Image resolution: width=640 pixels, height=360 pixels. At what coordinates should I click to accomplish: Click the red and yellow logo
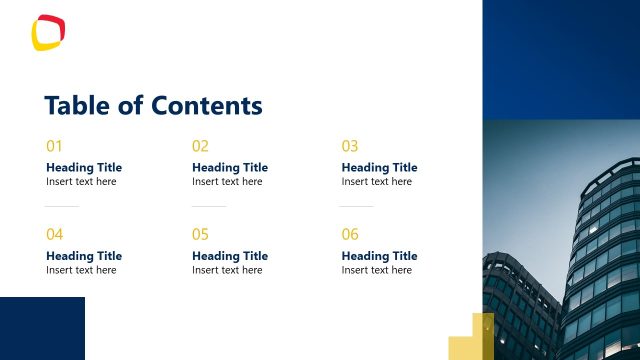click(49, 32)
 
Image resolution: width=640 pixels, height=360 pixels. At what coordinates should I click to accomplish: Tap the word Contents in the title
click(207, 106)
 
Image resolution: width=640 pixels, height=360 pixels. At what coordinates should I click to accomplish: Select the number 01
click(54, 146)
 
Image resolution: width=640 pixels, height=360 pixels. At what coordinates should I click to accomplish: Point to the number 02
click(200, 146)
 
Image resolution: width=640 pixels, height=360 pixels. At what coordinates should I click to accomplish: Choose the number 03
click(350, 146)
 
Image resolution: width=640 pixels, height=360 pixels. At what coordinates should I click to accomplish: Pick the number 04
click(54, 235)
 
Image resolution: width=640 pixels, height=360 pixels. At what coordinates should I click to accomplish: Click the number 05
click(200, 235)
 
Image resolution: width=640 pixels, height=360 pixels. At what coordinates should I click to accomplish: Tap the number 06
click(350, 235)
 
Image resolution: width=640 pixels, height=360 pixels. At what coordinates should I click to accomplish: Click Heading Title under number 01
click(84, 167)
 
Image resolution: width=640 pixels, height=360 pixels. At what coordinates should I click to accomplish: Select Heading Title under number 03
click(379, 167)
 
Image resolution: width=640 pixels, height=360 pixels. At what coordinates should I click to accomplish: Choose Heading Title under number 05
click(230, 256)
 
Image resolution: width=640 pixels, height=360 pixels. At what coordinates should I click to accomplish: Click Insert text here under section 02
click(227, 182)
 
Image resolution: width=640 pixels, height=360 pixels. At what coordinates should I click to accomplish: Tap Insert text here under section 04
click(81, 270)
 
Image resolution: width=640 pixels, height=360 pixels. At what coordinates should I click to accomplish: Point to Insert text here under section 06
click(376, 270)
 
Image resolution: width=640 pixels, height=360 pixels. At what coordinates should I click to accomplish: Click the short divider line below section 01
click(62, 206)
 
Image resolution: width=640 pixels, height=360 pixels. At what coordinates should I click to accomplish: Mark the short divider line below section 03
click(356, 206)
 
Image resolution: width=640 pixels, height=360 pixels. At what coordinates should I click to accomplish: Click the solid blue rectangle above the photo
click(561, 59)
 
